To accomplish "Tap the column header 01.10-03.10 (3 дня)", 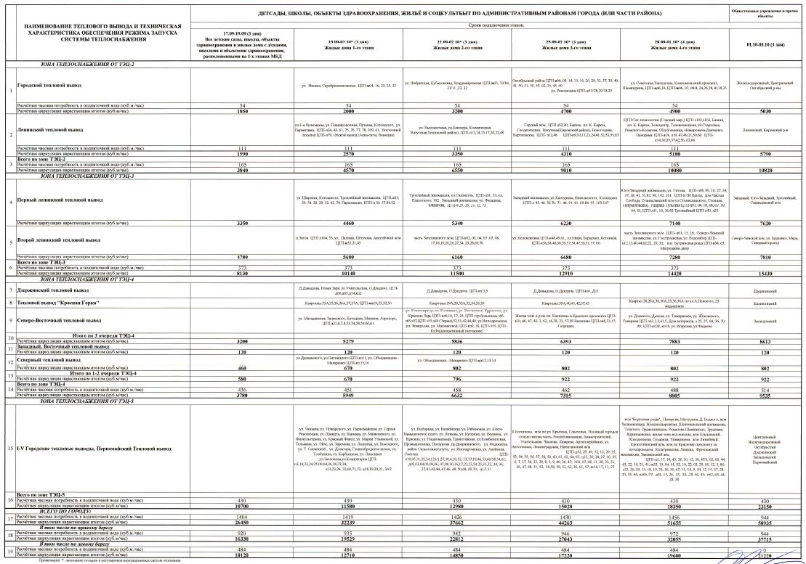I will click(765, 45).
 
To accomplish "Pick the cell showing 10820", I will click(765, 171).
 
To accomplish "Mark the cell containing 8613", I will click(765, 340).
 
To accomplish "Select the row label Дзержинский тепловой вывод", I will click(60, 289).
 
